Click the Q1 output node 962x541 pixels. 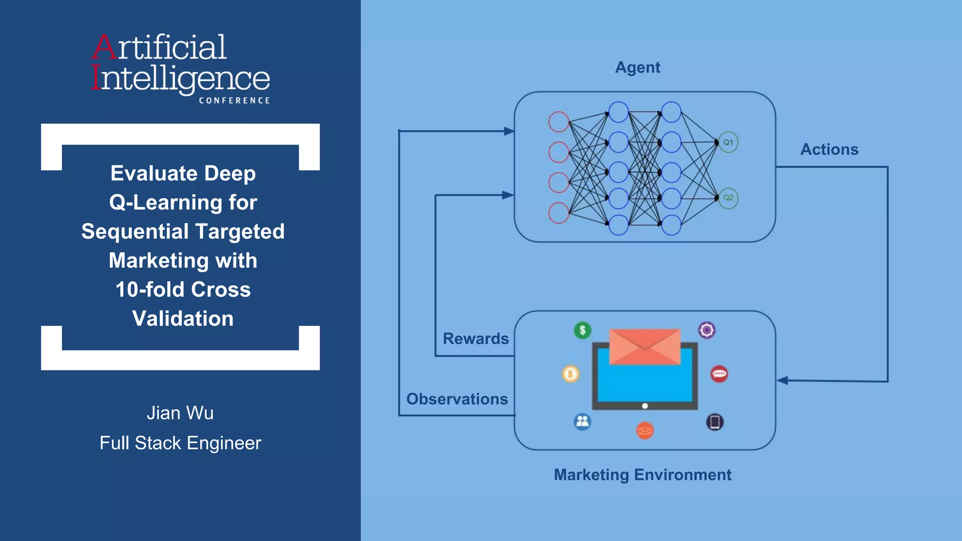728,142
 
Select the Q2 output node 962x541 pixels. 728,198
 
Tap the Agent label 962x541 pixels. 637,68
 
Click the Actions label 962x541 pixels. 829,149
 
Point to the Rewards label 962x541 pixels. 475,339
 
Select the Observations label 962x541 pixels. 457,399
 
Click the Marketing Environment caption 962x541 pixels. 643,475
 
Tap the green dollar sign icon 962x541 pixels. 582,330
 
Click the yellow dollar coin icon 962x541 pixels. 570,374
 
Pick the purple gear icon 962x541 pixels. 706,330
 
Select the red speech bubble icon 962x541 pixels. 719,374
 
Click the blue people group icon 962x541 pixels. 582,421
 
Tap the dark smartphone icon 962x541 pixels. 714,422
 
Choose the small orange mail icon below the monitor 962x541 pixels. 645,430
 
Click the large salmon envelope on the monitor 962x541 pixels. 644,347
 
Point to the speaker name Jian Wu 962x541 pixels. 180,413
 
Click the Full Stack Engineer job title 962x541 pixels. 180,443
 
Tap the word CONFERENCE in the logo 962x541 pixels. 234,100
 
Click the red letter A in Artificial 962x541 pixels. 104,47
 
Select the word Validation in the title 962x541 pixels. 183,319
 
